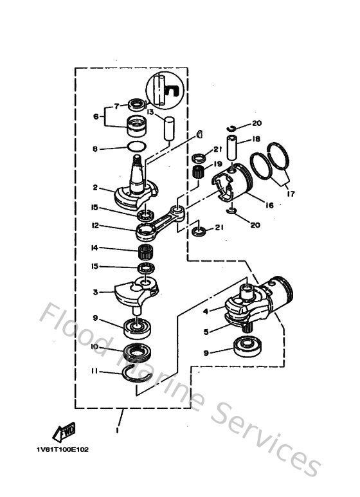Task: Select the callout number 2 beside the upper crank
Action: (x=94, y=188)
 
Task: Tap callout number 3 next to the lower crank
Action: (x=94, y=292)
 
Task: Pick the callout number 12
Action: (x=94, y=226)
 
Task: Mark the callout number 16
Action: (x=269, y=205)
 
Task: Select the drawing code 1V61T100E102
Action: (x=62, y=449)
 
